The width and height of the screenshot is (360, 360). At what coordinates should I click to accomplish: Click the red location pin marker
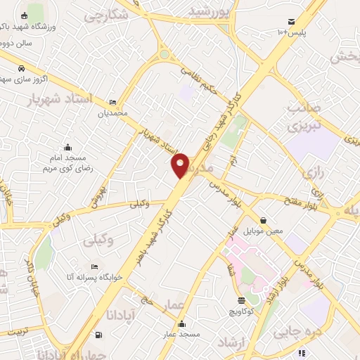pos(181,165)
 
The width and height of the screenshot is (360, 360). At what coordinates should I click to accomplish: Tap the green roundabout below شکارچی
pos(165,54)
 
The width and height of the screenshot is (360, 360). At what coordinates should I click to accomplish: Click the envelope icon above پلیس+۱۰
pos(292,21)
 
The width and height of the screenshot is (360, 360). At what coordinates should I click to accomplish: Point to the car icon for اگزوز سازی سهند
pos(21,69)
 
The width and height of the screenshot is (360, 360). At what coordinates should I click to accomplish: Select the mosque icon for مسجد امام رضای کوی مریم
pos(67,147)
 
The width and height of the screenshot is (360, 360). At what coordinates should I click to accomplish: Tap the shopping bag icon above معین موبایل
pos(263,220)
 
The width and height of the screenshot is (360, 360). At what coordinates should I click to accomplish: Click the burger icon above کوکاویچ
pos(240,300)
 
